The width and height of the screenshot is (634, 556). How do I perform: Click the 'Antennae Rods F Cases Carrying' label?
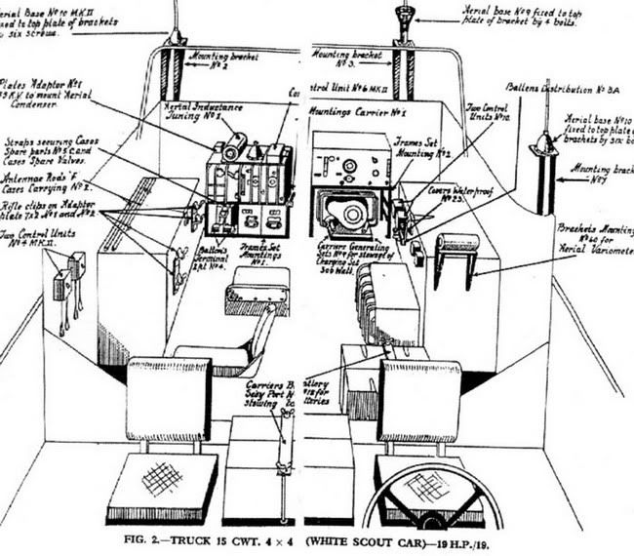click(x=44, y=182)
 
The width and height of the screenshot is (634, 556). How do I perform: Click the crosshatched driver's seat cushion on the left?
click(x=162, y=486)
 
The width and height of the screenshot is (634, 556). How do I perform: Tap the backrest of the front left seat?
click(x=169, y=398)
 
